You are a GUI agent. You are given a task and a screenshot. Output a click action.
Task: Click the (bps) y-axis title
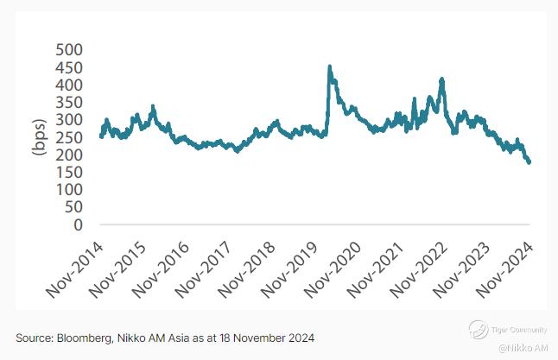pyautogui.click(x=39, y=137)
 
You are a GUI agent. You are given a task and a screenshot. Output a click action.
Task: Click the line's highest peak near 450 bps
pyautogui.click(x=329, y=66)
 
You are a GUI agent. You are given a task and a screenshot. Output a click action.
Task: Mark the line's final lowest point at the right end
pyautogui.click(x=529, y=162)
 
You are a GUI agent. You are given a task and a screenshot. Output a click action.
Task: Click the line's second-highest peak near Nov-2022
pyautogui.click(x=441, y=79)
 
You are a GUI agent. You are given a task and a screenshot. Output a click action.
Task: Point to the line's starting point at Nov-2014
pyautogui.click(x=101, y=136)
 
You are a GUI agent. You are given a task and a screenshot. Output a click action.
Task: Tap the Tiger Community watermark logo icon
pyautogui.click(x=475, y=327)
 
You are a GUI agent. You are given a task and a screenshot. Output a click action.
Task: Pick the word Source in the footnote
pyautogui.click(x=32, y=336)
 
